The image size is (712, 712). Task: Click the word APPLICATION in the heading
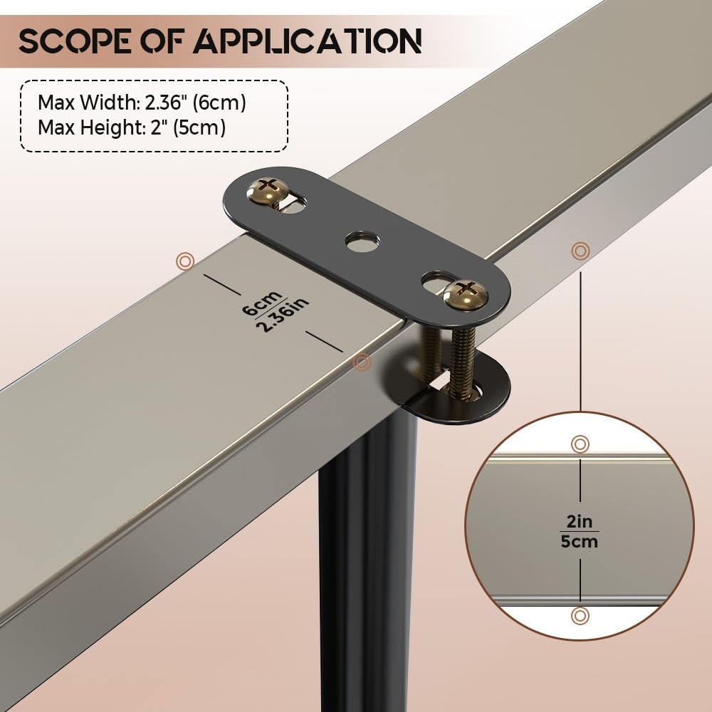[x=307, y=41]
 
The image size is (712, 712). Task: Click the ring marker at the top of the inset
[x=580, y=444]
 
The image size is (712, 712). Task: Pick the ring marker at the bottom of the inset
[x=580, y=614]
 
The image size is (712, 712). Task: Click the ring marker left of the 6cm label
[x=185, y=261]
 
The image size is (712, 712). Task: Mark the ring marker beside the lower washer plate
[x=362, y=362]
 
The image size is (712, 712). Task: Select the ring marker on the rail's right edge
[x=580, y=251]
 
